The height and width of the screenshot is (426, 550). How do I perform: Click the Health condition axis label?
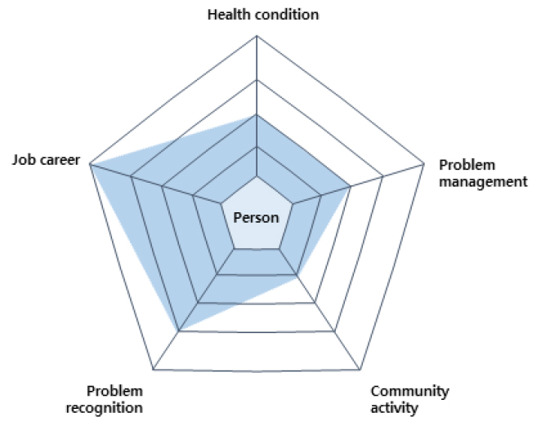[x=263, y=15]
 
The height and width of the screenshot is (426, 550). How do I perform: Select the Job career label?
[x=46, y=160]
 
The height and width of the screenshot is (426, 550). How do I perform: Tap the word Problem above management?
[x=467, y=165]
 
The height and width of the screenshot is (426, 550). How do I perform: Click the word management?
[x=483, y=182]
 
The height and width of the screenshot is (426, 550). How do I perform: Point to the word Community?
[x=409, y=392]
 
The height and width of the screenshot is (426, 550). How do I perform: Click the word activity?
[x=394, y=408]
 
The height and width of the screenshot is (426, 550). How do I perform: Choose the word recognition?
[x=104, y=408]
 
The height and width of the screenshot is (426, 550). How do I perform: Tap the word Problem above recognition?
[x=114, y=391]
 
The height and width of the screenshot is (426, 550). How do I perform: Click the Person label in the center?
[x=256, y=218]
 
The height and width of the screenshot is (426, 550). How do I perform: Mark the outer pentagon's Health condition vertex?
[x=257, y=35]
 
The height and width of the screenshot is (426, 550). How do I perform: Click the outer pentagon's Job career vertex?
[x=90, y=164]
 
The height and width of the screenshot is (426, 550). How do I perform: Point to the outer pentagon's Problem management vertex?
[x=424, y=163]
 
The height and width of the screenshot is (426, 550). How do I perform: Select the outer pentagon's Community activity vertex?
[x=360, y=369]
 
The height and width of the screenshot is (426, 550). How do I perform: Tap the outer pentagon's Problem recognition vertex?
[x=154, y=369]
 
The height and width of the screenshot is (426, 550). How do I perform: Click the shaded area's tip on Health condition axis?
[x=257, y=114]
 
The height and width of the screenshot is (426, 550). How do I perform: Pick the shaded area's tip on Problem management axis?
[x=351, y=186]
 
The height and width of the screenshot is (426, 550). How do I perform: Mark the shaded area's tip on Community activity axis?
[x=297, y=275]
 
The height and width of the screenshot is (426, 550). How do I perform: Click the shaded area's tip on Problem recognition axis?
[x=179, y=331]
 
